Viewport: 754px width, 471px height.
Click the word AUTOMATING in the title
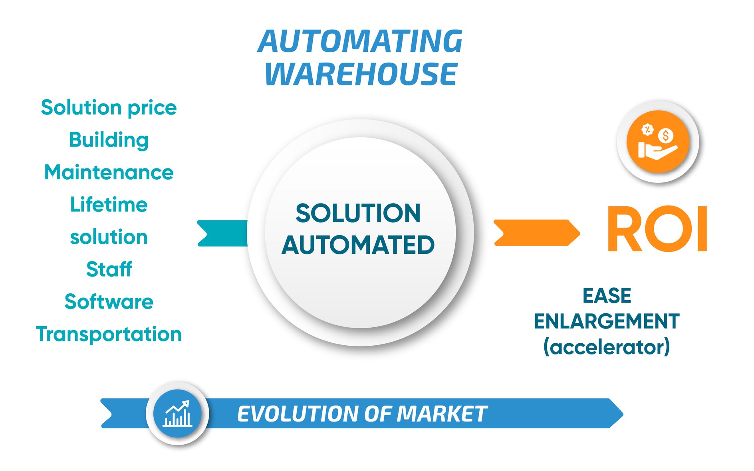pyautogui.click(x=360, y=42)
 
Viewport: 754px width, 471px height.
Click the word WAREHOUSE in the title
pyautogui.click(x=361, y=75)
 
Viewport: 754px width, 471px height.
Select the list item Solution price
pyautogui.click(x=109, y=108)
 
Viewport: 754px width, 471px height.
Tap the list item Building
pyautogui.click(x=109, y=140)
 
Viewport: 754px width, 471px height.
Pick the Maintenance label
pyautogui.click(x=109, y=172)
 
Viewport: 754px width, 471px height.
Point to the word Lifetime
pyautogui.click(x=109, y=205)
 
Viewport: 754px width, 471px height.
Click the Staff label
pyautogui.click(x=109, y=269)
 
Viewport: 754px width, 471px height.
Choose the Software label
pyautogui.click(x=109, y=302)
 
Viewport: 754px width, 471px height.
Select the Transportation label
pyautogui.click(x=109, y=334)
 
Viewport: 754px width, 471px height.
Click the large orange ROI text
pyautogui.click(x=657, y=229)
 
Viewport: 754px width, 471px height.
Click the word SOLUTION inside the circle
pyautogui.click(x=358, y=213)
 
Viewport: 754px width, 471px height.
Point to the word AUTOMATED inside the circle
pyautogui.click(x=358, y=245)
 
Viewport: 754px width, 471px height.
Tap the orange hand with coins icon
pyautogui.click(x=657, y=142)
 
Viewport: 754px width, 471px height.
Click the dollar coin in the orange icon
pyautogui.click(x=665, y=136)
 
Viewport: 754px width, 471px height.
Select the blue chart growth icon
pyautogui.click(x=177, y=414)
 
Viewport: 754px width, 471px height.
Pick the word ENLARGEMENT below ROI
pyautogui.click(x=606, y=321)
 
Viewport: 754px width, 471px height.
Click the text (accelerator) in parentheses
pyautogui.click(x=606, y=347)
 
